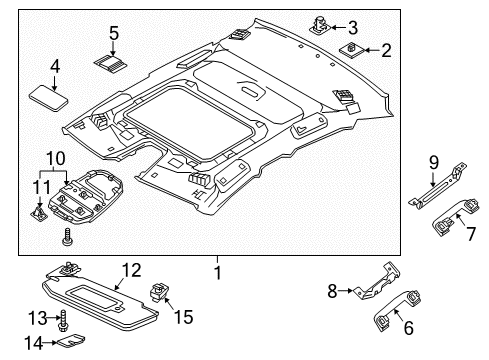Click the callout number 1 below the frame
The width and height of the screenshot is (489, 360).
pyautogui.click(x=217, y=272)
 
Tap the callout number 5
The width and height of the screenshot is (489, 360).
pyautogui.click(x=114, y=33)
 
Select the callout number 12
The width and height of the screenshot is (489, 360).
pyautogui.click(x=131, y=270)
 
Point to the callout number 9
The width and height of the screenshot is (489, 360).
pyautogui.click(x=434, y=162)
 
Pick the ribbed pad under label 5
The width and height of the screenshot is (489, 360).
pyautogui.click(x=110, y=63)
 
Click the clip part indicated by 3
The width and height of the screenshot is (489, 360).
pyautogui.click(x=320, y=26)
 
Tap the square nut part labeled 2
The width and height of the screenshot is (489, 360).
pyautogui.click(x=351, y=50)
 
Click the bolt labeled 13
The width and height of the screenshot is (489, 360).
pyautogui.click(x=63, y=320)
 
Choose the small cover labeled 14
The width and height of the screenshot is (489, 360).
pyautogui.click(x=71, y=340)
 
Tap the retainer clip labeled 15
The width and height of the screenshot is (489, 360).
pyautogui.click(x=160, y=291)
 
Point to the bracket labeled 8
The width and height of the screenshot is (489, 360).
pyautogui.click(x=378, y=282)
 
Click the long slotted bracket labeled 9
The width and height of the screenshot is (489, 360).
pyautogui.click(x=437, y=188)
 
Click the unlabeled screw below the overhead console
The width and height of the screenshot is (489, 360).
pyautogui.click(x=66, y=237)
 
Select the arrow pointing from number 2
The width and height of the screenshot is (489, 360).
pyautogui.click(x=372, y=50)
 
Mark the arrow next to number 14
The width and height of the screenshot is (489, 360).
pyautogui.click(x=51, y=342)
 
